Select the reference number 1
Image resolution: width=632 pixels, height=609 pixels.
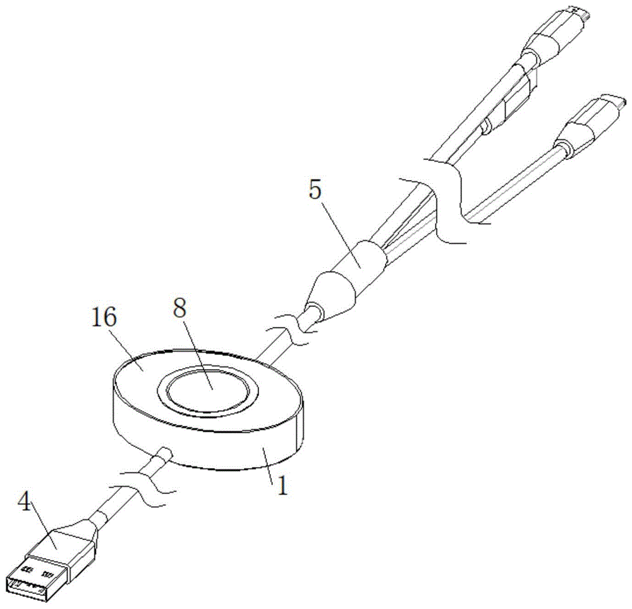(281, 486)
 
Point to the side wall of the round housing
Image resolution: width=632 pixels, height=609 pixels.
(209, 452)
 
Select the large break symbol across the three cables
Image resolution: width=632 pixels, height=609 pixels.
(449, 202)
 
